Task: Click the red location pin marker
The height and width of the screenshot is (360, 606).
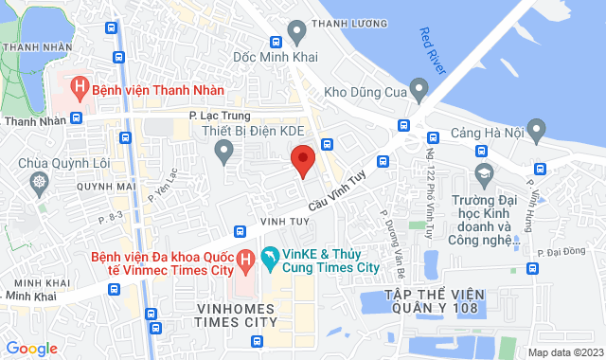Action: point(302,159)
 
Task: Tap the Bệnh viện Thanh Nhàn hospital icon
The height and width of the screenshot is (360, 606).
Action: point(80,91)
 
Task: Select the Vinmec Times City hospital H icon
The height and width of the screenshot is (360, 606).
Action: point(244,258)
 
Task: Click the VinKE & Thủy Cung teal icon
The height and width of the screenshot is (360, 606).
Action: point(270,256)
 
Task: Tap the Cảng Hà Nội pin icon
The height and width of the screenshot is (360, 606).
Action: point(537,127)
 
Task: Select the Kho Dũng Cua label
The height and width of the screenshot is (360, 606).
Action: point(365,93)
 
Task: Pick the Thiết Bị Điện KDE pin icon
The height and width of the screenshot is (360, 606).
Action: point(223,149)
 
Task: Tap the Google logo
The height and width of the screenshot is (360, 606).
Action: point(31,349)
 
